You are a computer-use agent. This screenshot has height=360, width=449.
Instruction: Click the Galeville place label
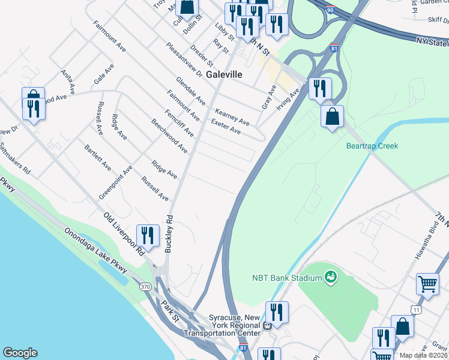(x=224, y=75)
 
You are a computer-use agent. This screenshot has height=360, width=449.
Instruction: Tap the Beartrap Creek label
(x=372, y=146)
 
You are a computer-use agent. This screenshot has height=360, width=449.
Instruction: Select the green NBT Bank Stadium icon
(x=329, y=277)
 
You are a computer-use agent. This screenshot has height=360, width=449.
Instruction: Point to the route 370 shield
(x=146, y=287)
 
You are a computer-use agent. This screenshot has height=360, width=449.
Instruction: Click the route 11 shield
(x=415, y=309)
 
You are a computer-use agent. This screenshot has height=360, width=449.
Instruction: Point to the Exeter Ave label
(x=226, y=127)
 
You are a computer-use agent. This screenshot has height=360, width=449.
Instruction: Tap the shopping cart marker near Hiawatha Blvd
(x=427, y=284)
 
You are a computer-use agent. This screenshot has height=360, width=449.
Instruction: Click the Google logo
(x=20, y=353)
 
